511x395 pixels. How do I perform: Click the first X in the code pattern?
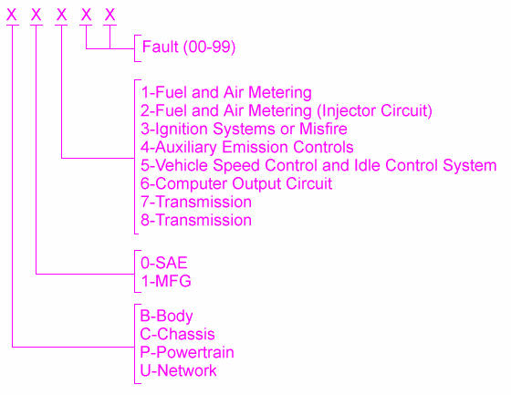(12, 15)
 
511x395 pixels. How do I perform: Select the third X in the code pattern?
(61, 15)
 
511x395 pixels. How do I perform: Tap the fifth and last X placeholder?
(109, 15)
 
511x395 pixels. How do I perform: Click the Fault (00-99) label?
(189, 47)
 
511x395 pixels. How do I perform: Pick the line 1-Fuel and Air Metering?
(226, 92)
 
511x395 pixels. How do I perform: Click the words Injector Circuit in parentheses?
(374, 110)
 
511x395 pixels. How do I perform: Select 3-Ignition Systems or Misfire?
(244, 129)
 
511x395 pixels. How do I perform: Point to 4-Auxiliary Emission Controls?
(247, 147)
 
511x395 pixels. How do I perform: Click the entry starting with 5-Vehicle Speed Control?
(318, 165)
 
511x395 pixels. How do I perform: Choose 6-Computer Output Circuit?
(236, 183)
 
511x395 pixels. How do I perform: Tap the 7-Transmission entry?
(196, 203)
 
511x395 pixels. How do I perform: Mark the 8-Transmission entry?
(196, 221)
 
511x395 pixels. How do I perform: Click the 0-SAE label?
(164, 263)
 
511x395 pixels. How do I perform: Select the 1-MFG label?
(166, 281)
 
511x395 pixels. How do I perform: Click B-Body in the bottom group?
(166, 317)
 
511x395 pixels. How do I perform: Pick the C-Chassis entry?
(177, 335)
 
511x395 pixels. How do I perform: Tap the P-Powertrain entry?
(187, 353)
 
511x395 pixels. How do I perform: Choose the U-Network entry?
(178, 371)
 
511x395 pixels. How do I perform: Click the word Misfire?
(323, 129)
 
